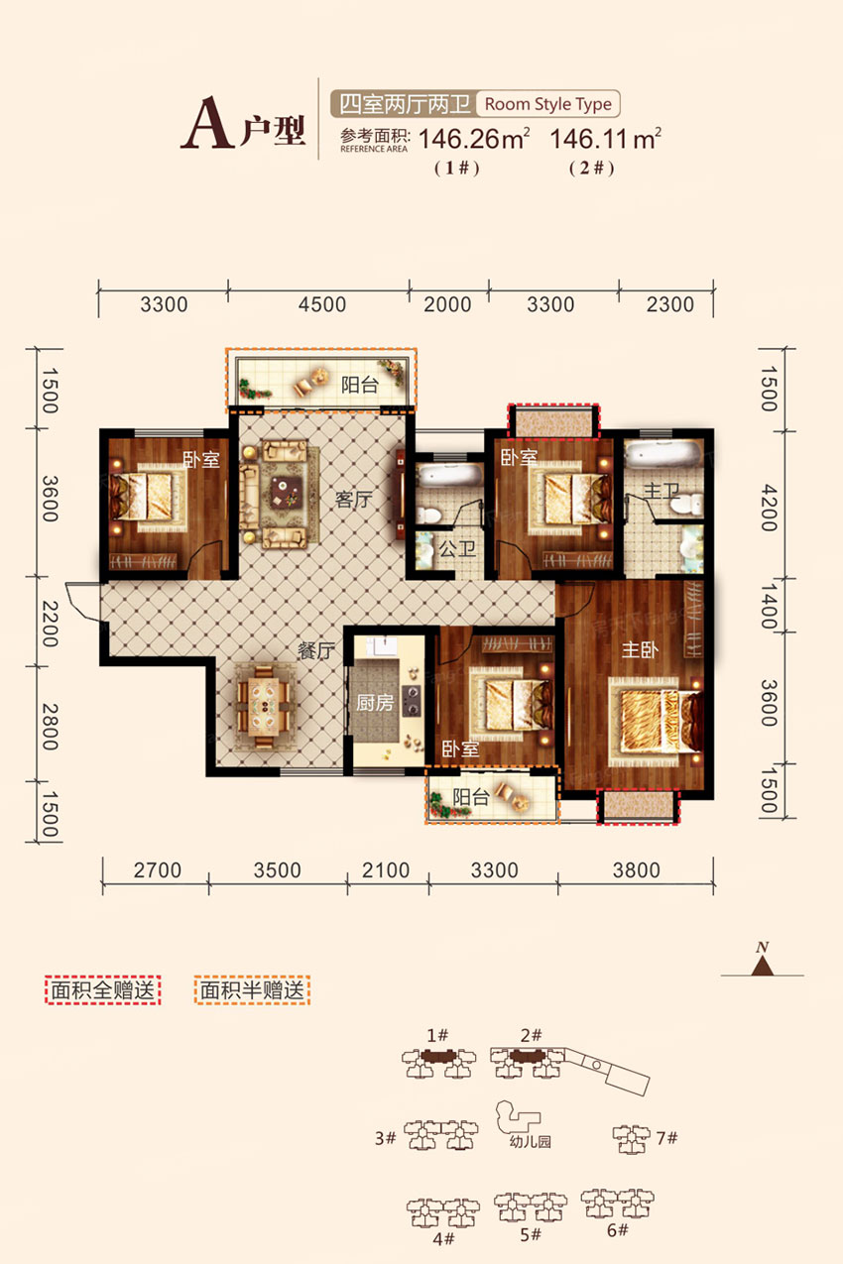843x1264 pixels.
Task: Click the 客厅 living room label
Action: coord(354,499)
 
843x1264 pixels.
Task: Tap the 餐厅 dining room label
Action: coord(316,650)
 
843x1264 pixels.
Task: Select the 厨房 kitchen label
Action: coord(374,703)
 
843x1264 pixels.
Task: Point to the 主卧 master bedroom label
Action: coord(640,649)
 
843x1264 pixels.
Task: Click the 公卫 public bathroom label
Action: coord(457,548)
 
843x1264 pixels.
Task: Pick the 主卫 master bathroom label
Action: coord(662,491)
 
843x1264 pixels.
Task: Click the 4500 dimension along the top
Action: coord(322,304)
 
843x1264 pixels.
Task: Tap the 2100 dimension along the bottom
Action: coord(386,870)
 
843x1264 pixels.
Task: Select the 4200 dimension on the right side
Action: coord(769,507)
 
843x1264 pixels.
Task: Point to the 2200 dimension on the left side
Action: coord(51,623)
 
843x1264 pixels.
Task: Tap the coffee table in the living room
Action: coord(286,492)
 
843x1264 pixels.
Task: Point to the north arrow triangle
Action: coord(763,967)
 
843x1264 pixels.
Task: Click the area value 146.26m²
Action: coord(474,140)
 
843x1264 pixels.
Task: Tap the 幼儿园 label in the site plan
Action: coord(530,1142)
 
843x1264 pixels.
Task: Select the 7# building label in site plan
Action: coord(666,1138)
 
